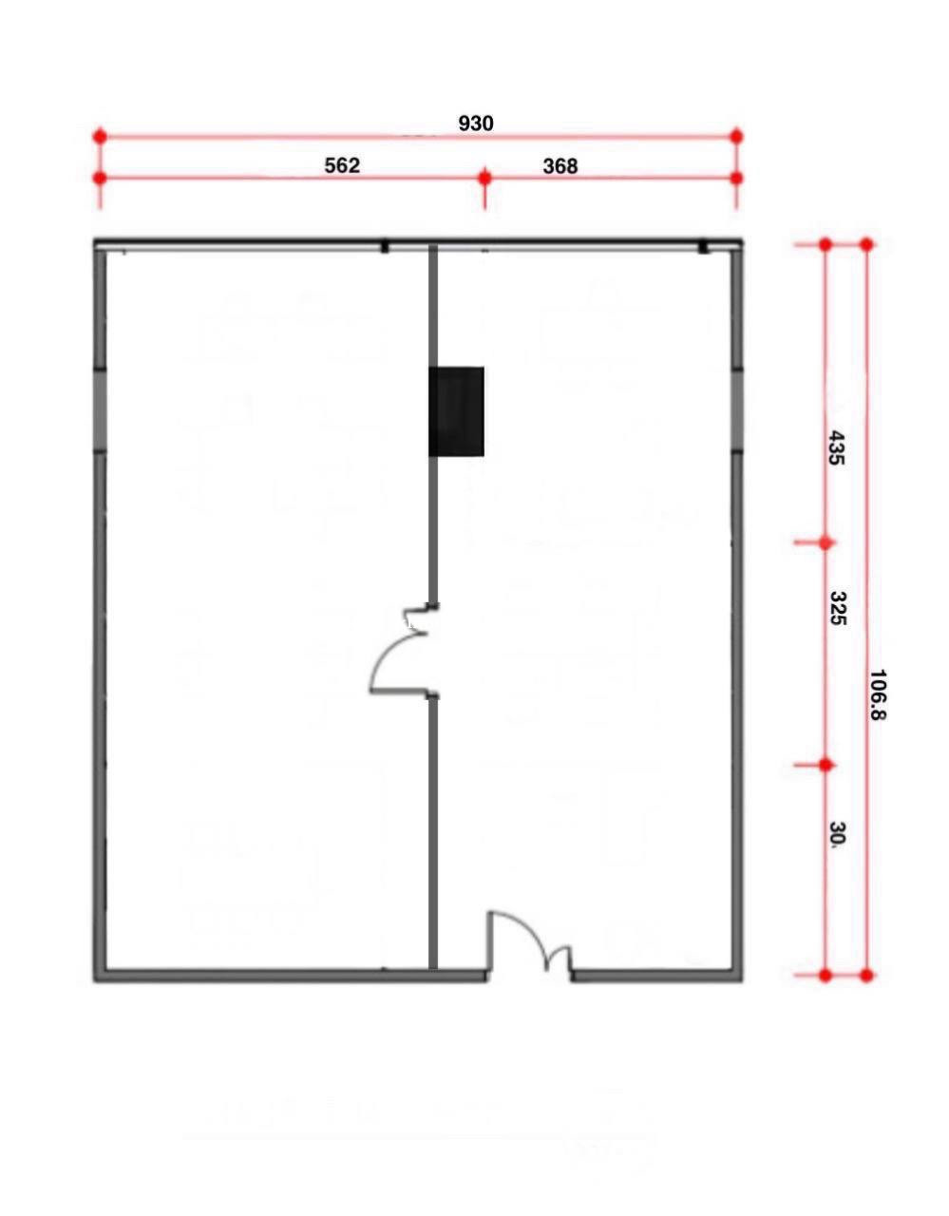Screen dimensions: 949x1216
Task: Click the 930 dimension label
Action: tap(476, 123)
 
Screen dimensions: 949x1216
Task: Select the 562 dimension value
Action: tap(342, 165)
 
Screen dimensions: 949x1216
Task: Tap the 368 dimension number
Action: tap(560, 166)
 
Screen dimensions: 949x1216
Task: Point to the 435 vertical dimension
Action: tap(835, 447)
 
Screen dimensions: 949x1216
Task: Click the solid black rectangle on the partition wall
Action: tap(456, 411)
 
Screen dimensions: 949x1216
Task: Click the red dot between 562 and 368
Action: tap(485, 178)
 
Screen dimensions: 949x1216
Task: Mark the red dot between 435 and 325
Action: tap(826, 542)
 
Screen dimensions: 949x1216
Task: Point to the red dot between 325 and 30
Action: tap(826, 765)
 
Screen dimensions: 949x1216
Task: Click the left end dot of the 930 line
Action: tap(100, 136)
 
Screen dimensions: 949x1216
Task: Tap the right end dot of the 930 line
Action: tap(736, 136)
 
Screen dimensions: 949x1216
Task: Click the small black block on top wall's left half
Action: tap(385, 246)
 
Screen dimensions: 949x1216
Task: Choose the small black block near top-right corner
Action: tap(703, 246)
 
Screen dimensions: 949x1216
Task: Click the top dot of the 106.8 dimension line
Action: tap(866, 244)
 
